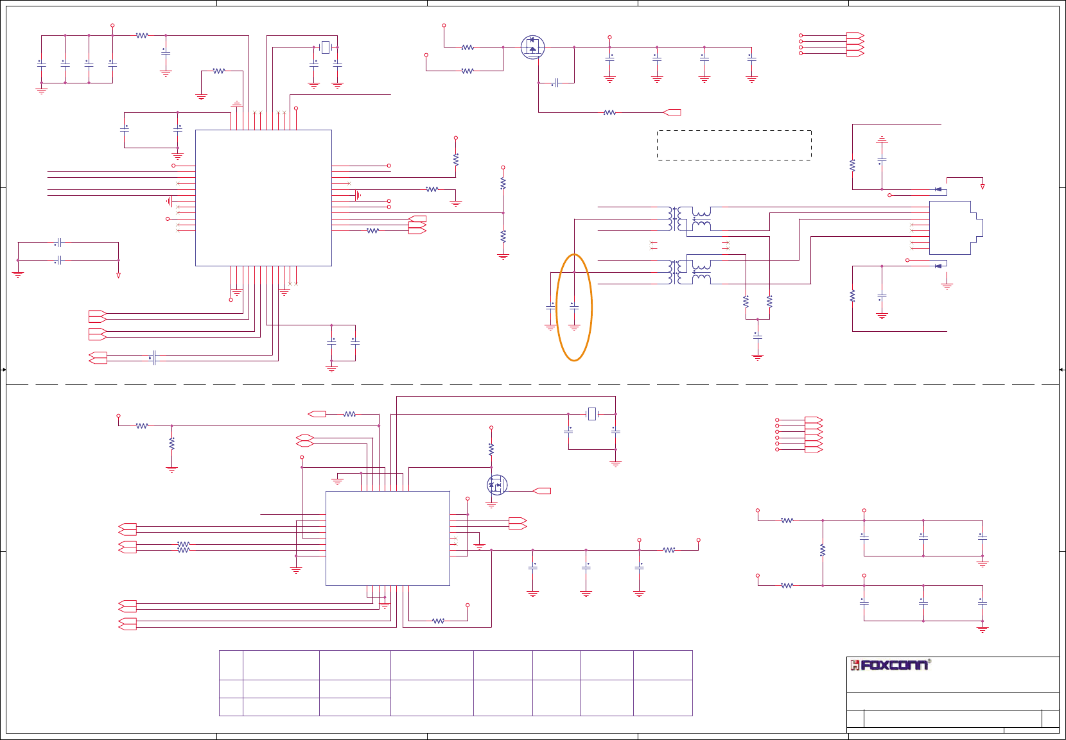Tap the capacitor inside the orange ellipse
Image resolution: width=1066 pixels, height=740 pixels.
pos(574,308)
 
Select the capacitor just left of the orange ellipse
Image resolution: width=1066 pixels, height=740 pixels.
pos(550,308)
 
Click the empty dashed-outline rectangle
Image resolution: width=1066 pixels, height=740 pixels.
pos(734,145)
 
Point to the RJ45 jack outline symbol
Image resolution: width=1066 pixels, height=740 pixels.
pos(954,228)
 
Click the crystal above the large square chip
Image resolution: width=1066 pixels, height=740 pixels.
pos(326,47)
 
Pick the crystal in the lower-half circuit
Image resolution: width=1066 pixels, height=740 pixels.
pos(592,414)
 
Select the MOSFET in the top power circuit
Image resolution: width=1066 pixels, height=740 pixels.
pos(532,47)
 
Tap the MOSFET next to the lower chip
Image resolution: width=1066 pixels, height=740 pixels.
pos(496,485)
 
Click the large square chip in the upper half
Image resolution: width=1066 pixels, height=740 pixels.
pos(263,198)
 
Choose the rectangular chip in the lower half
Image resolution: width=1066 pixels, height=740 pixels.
pos(387,538)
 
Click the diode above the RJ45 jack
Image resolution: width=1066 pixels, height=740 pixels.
pos(939,189)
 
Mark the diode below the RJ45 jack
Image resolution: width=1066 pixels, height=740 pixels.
pos(939,266)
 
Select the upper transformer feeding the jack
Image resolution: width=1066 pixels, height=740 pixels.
pos(690,218)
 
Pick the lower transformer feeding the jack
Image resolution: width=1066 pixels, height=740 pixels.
pos(690,271)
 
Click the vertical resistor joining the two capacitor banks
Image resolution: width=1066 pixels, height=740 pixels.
pos(823,550)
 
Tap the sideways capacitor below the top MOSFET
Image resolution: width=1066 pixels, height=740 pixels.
pos(556,83)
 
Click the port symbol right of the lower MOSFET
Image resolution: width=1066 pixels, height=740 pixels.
pos(542,491)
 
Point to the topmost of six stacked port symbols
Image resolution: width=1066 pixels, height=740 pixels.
pos(814,420)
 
